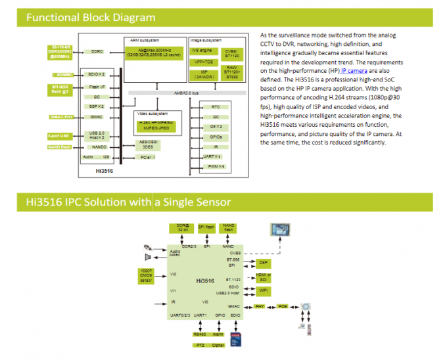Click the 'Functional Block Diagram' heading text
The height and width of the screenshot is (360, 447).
(x=91, y=18)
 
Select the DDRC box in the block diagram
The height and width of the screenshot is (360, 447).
(x=97, y=51)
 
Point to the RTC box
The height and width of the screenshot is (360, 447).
(x=216, y=106)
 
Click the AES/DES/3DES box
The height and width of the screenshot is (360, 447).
(x=148, y=145)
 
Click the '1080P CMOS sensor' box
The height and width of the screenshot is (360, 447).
(x=145, y=277)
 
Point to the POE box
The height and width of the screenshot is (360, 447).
(x=282, y=306)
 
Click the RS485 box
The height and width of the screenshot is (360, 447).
(x=200, y=334)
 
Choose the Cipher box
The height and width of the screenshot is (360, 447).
(x=218, y=344)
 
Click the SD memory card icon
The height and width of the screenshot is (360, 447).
(x=239, y=338)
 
